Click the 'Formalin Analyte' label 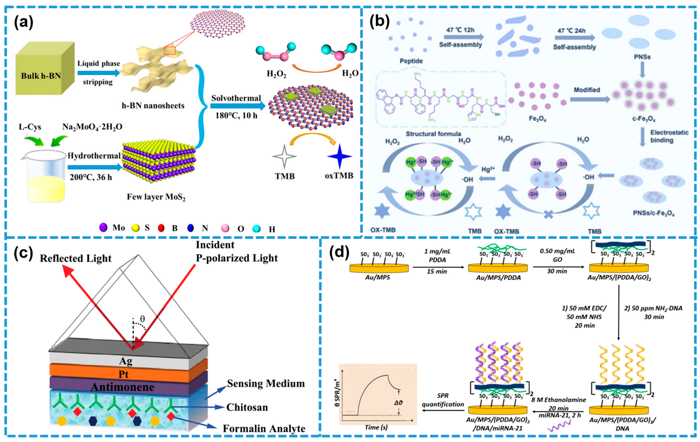tap(264, 429)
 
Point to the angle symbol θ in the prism tap(142, 319)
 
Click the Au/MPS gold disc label tap(378, 277)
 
